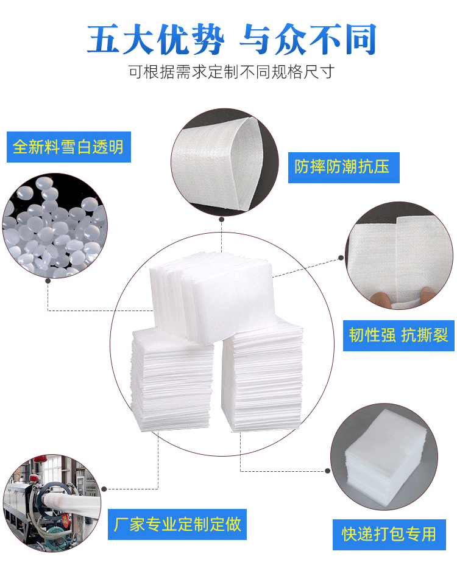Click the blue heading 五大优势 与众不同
coord(232,39)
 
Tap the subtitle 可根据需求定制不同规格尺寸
coord(232,72)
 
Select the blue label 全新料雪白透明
coord(68,147)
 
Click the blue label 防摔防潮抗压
coord(344,167)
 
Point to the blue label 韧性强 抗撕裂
coord(399,335)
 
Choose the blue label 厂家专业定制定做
coord(177,524)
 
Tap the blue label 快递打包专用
coord(389,535)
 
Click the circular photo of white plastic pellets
coord(54,226)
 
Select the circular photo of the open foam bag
coord(225,162)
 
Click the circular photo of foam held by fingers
coord(399,256)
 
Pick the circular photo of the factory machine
coord(52,503)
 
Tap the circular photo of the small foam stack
coord(384,457)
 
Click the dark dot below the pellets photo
coord(48,281)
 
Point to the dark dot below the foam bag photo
coord(222,219)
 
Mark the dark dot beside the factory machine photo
coord(104,489)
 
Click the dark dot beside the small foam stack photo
coord(328,471)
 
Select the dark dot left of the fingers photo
coord(341,258)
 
